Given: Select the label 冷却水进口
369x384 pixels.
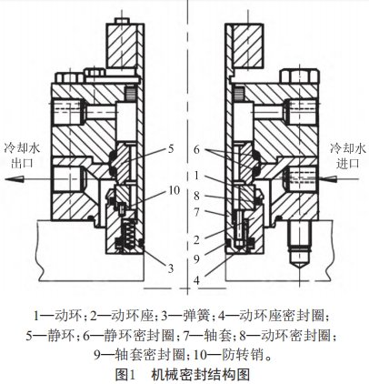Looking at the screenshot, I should coord(346,155).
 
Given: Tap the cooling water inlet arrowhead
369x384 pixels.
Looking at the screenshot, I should coord(314,178).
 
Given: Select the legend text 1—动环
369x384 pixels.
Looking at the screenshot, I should coord(56,316).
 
